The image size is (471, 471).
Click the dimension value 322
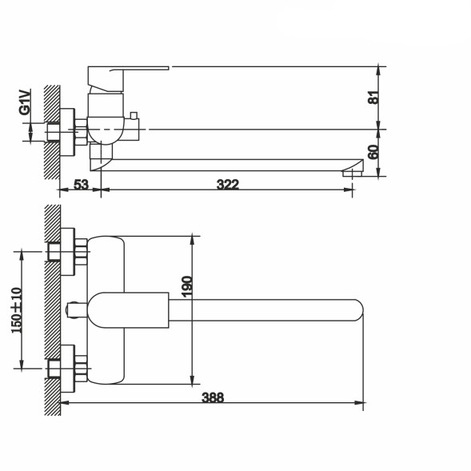(x=228, y=185)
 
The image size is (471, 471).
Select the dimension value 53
(x=81, y=185)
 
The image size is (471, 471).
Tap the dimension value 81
(x=373, y=98)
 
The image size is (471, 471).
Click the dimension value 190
(x=186, y=285)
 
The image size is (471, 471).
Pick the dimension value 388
(x=214, y=396)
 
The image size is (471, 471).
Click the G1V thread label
(x=26, y=102)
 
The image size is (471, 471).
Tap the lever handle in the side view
(x=128, y=75)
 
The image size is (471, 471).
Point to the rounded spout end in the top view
(x=352, y=309)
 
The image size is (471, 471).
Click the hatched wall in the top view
(x=53, y=312)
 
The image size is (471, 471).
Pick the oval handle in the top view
(x=128, y=309)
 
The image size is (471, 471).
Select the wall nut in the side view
(x=80, y=130)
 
